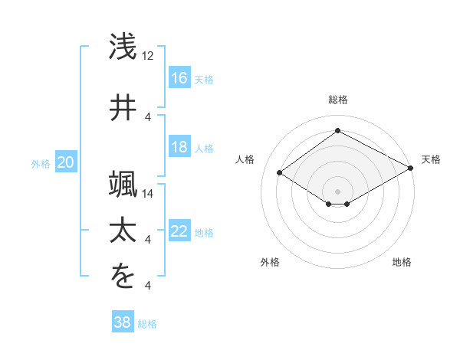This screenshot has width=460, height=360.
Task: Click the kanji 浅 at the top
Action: pyautogui.click(x=123, y=47)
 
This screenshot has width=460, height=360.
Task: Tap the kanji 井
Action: pyautogui.click(x=123, y=106)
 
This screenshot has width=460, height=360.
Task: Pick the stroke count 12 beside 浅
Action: pyautogui.click(x=149, y=56)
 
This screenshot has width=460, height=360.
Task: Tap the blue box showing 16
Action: pyautogui.click(x=179, y=78)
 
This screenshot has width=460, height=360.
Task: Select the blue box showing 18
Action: pyautogui.click(x=179, y=147)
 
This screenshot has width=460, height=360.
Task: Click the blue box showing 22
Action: pyautogui.click(x=179, y=231)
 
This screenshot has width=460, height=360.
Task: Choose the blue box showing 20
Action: pyautogui.click(x=66, y=162)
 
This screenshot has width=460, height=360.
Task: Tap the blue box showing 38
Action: pyautogui.click(x=123, y=322)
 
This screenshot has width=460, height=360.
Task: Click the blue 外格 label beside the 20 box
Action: pyautogui.click(x=41, y=163)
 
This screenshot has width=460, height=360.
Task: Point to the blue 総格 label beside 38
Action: pyautogui.click(x=147, y=323)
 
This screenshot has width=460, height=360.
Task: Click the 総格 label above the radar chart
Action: pyautogui.click(x=337, y=100)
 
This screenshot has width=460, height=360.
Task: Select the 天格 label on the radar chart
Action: pyautogui.click(x=431, y=159)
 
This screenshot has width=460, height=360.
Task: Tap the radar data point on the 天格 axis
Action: pyautogui.click(x=410, y=169)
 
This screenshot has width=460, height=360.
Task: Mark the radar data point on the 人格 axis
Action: pyautogui.click(x=280, y=173)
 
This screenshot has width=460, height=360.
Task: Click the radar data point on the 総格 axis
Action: pyautogui.click(x=337, y=131)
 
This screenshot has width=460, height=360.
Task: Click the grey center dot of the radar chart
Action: pyautogui.click(x=337, y=191)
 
